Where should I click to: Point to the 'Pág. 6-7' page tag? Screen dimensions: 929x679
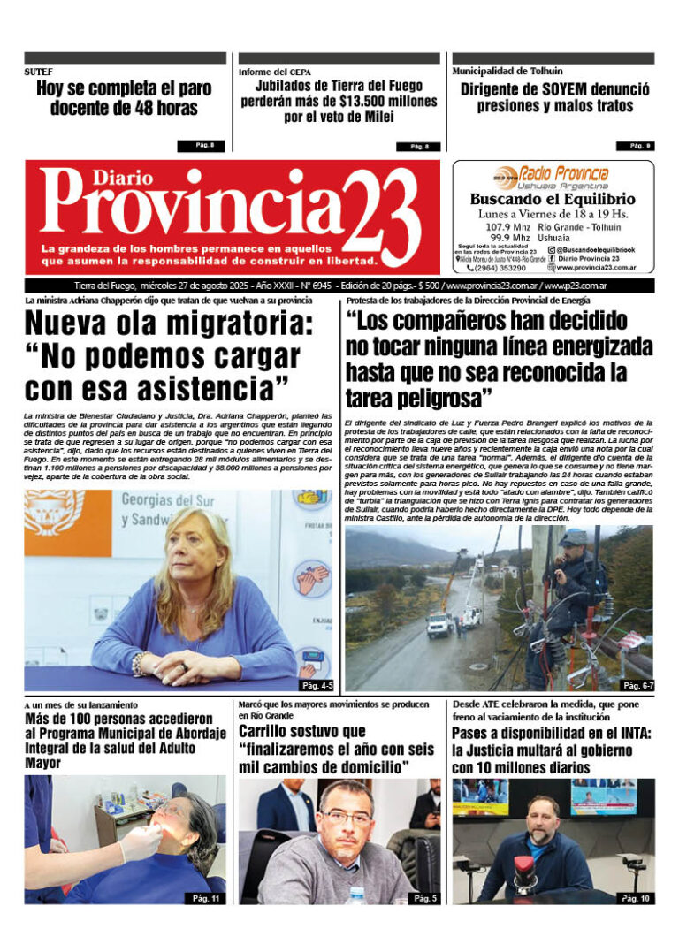[637, 684]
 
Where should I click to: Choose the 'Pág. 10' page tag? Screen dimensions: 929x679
[636, 897]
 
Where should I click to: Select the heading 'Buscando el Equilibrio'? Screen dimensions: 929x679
[553, 200]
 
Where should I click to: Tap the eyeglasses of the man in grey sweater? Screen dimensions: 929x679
[347, 817]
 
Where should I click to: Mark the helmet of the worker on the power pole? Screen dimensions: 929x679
[572, 537]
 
